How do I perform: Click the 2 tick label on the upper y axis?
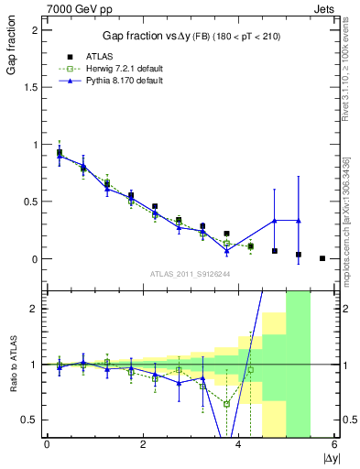click(33, 30)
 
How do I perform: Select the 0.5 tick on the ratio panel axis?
click(27, 420)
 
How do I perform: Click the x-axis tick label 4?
click(239, 444)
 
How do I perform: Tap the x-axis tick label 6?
click(335, 444)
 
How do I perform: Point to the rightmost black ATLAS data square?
click(322, 258)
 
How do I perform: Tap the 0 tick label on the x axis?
click(47, 444)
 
